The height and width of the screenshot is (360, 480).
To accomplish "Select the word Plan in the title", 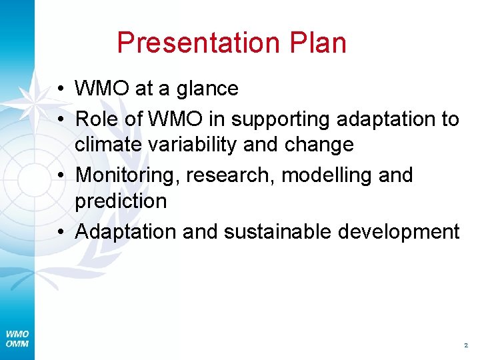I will point(318,43).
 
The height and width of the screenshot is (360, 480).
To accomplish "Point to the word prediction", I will point(121,200).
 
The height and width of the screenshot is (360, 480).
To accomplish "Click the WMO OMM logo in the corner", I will point(16,339).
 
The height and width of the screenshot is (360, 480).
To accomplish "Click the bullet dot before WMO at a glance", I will point(60,89).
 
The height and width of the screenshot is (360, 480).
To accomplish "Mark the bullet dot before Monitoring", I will point(60,175).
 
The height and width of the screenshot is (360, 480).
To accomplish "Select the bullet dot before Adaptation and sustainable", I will point(60,231).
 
